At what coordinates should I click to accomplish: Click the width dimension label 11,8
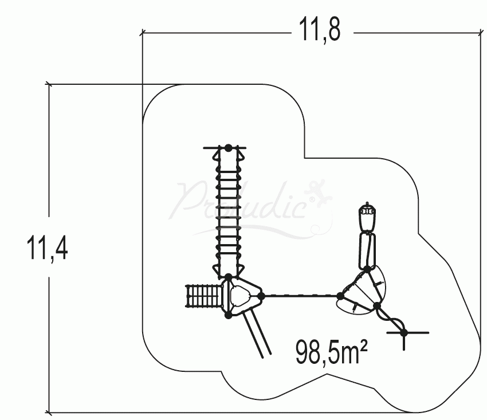[320, 29]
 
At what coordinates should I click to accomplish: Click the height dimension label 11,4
[47, 248]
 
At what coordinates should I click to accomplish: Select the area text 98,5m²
[331, 352]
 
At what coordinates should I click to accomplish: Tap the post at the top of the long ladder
[228, 148]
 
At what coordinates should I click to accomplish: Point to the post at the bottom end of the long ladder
[228, 277]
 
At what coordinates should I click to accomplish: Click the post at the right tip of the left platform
[261, 296]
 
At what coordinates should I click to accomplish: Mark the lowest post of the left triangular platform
[228, 316]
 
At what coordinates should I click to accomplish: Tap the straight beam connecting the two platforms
[301, 296]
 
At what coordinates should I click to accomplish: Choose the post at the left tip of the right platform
[340, 296]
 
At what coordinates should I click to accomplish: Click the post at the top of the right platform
[367, 269]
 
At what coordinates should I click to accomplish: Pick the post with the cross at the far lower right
[403, 333]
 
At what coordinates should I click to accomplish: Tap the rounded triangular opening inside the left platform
[240, 296]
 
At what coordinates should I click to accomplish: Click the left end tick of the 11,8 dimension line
[143, 32]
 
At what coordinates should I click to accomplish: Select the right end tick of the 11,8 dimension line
[481, 32]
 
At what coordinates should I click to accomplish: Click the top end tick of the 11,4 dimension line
[49, 84]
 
